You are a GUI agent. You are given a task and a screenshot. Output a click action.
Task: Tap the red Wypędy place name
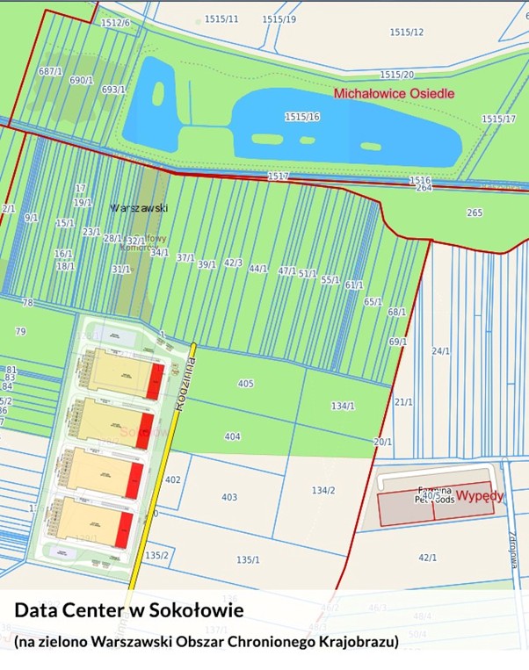point(480,495)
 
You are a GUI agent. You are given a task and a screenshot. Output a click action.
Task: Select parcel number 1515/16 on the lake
point(301,117)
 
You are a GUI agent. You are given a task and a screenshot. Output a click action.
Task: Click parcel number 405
point(245,384)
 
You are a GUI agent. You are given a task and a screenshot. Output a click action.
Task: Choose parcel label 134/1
point(343,406)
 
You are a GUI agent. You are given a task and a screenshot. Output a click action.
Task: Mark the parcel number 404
point(232,436)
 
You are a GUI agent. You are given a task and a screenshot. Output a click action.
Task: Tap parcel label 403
point(229,498)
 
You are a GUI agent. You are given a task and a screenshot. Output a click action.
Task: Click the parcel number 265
point(475,213)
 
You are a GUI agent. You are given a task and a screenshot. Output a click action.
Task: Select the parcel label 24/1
point(440,351)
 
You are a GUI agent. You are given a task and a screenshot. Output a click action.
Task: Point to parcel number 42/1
point(428,558)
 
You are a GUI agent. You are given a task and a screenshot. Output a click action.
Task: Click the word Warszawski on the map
point(138,209)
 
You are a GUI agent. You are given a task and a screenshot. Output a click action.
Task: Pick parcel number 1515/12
point(407,32)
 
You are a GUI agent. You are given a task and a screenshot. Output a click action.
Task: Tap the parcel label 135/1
point(248,559)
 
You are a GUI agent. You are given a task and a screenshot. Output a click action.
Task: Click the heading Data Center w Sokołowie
point(128,609)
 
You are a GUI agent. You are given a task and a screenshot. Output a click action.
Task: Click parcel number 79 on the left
point(20,332)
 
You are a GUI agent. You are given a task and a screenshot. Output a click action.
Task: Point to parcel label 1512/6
point(115,23)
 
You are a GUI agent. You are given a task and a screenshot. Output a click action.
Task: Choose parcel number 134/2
point(323,490)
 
